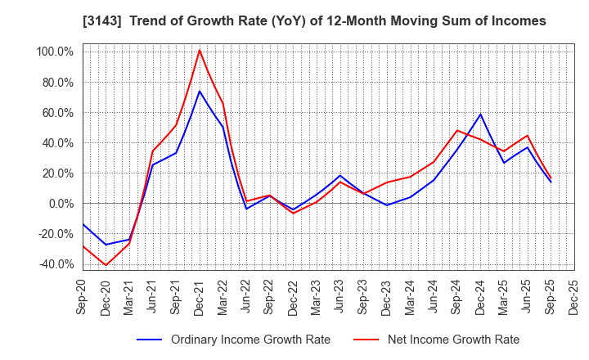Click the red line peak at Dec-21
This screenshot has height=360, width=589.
200,50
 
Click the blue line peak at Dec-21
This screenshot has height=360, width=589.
200,91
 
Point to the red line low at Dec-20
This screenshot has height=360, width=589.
106,265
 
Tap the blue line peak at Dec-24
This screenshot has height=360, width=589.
481,114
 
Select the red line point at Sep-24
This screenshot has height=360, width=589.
457,130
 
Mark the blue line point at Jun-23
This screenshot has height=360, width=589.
340,176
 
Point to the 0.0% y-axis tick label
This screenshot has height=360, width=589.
60,204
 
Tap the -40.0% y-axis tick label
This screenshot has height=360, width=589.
55,264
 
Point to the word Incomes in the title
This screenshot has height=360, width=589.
519,20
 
